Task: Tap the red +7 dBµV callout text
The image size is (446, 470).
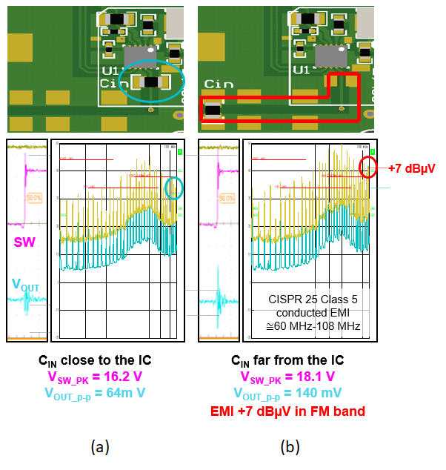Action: click(412, 168)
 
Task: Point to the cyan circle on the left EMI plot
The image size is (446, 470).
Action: click(174, 187)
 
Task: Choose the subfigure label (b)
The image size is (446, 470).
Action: click(289, 447)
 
